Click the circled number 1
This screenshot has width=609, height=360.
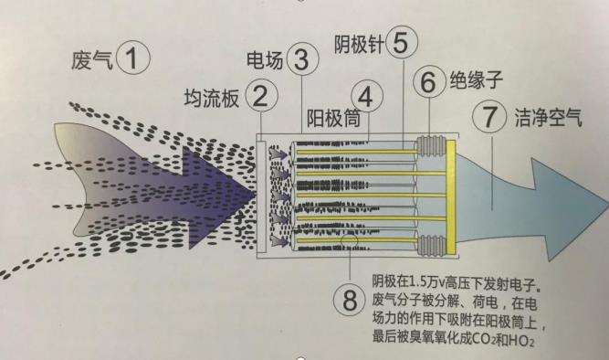(x=134, y=61)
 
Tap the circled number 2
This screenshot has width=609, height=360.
(x=260, y=95)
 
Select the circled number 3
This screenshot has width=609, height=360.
(x=302, y=60)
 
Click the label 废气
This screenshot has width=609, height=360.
(x=89, y=61)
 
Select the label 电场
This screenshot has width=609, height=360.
(x=266, y=60)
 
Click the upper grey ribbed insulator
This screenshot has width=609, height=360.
(x=429, y=145)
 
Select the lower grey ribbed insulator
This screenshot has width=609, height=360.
(x=429, y=244)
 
